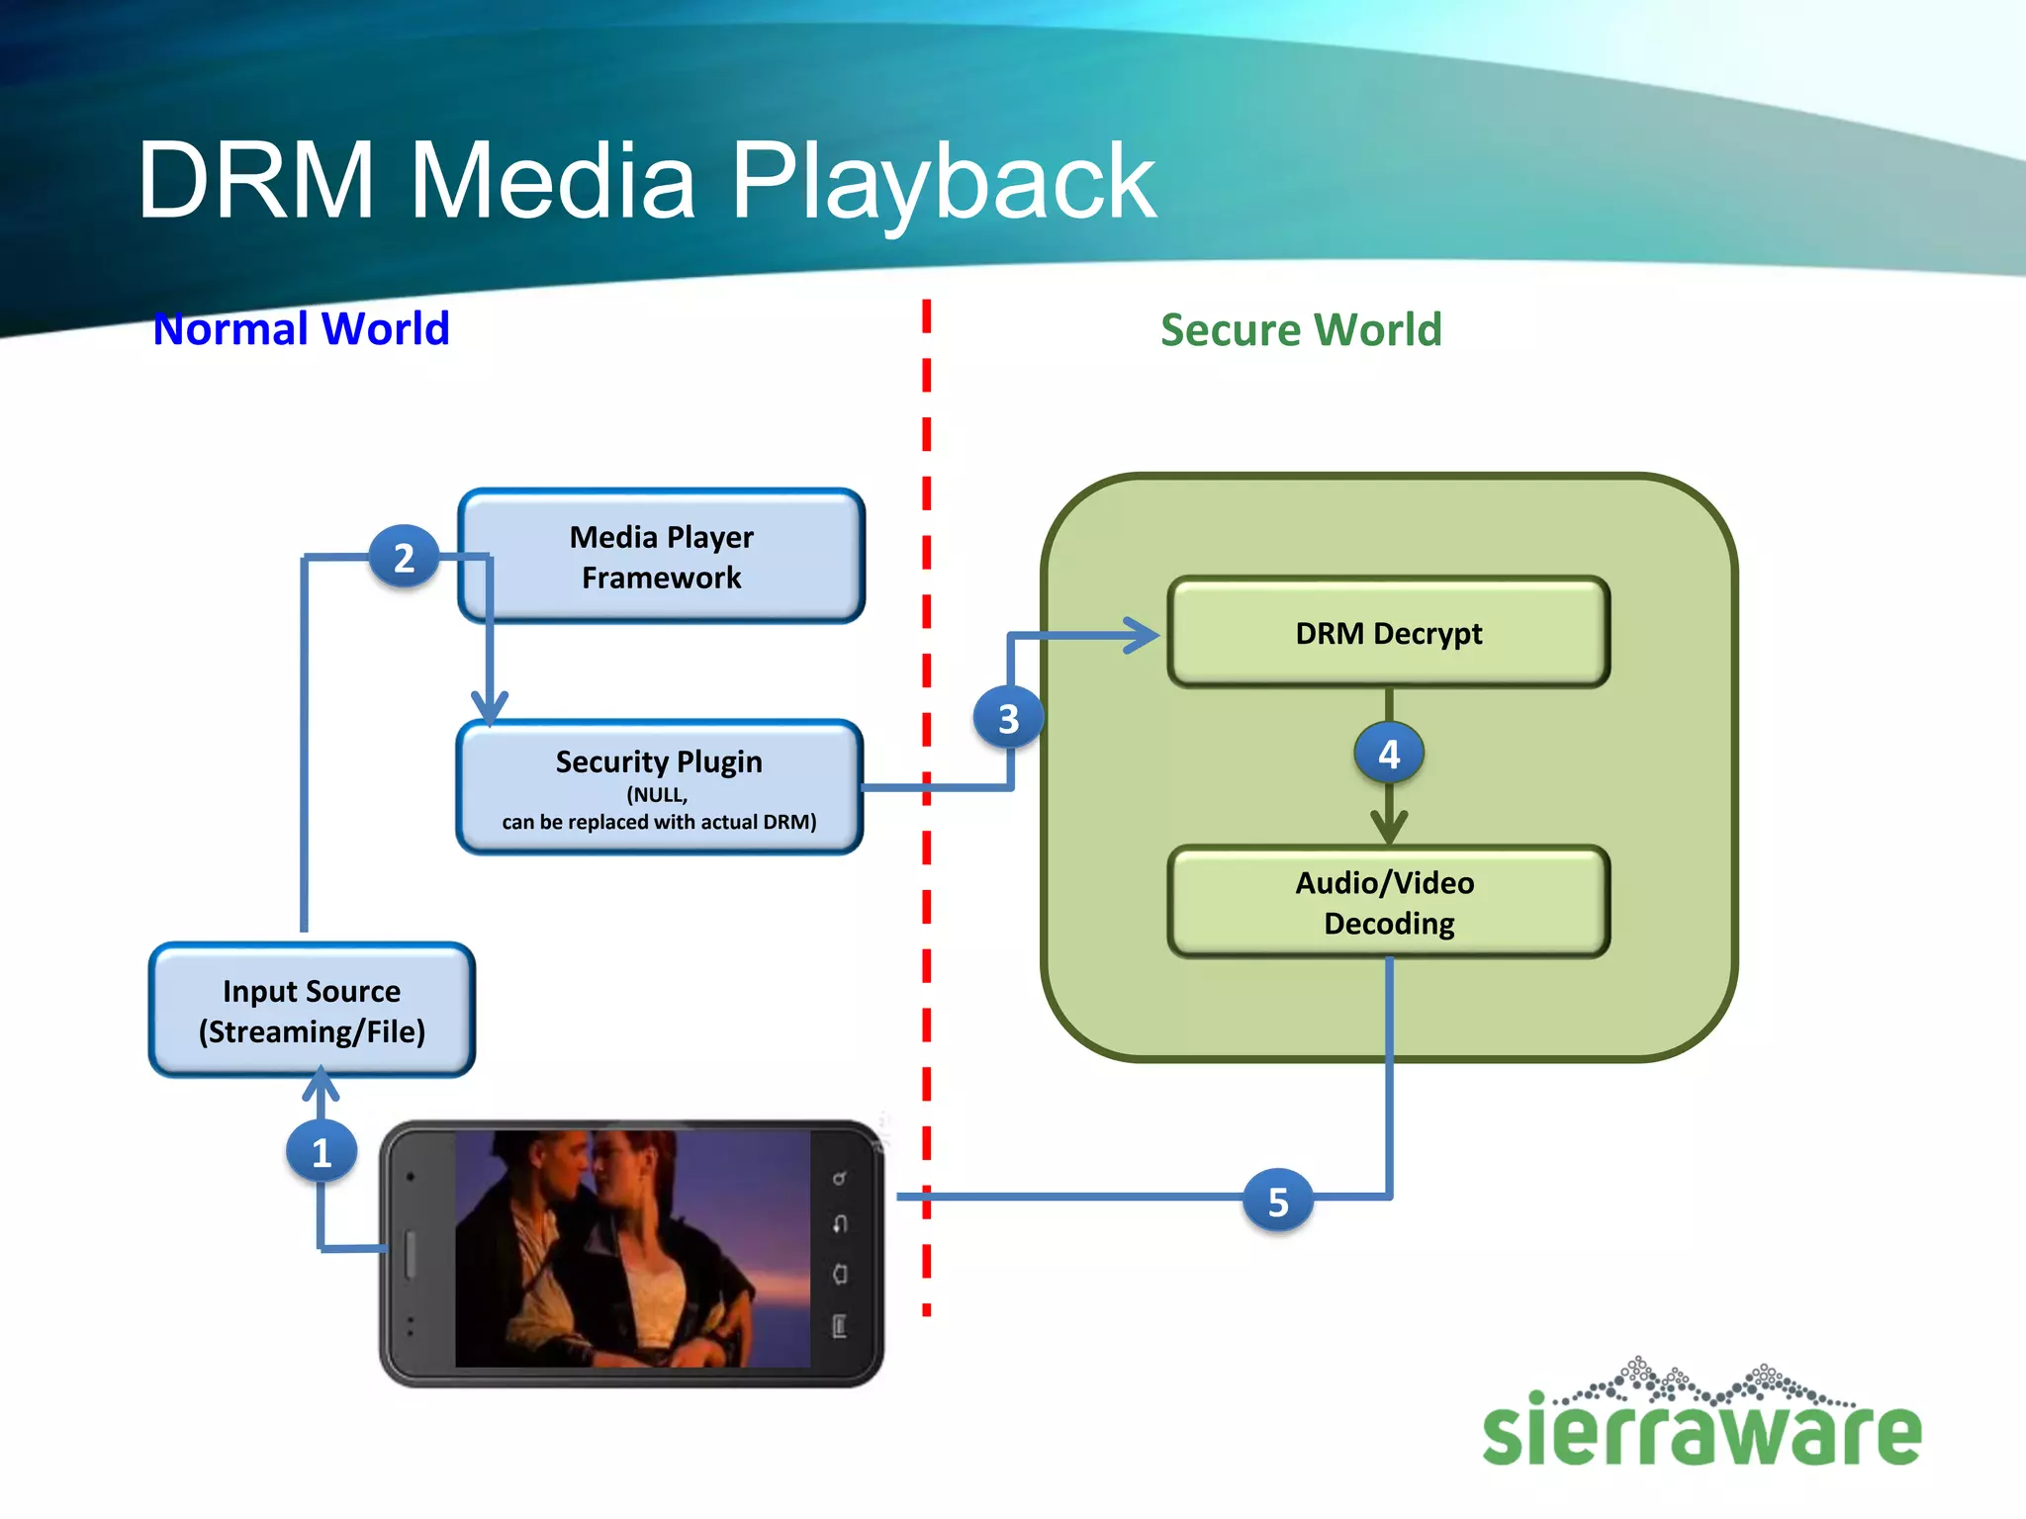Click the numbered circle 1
tap(322, 1152)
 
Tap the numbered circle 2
tap(404, 558)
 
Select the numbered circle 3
tap(1008, 719)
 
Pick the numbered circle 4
tap(1389, 755)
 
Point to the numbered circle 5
tap(1278, 1202)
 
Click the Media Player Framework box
tap(661, 557)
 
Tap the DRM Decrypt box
tap(1388, 633)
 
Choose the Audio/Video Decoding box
tap(1388, 902)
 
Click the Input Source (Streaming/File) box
tap(312, 1011)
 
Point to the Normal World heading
tap(302, 328)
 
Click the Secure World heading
tap(1301, 329)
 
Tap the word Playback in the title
tap(942, 182)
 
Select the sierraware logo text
tap(1702, 1432)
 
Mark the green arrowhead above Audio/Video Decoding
tap(1389, 827)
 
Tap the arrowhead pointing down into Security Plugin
tap(490, 708)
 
